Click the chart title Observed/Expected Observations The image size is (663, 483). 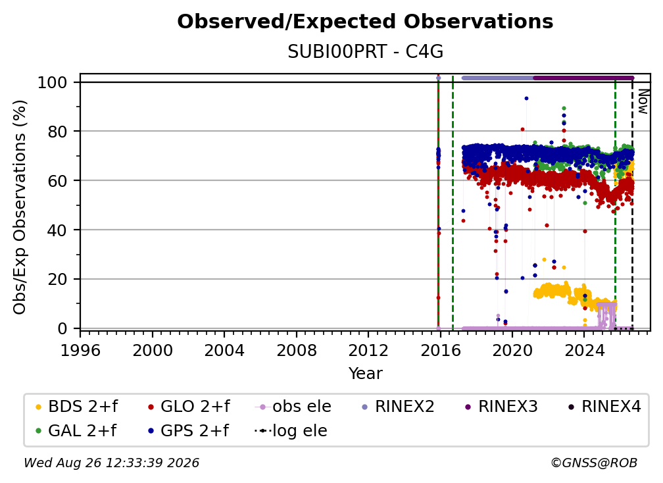click(x=365, y=22)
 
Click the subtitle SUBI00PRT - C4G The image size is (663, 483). click(x=365, y=52)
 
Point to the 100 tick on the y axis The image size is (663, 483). click(x=52, y=82)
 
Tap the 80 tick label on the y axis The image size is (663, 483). click(x=57, y=132)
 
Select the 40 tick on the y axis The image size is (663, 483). click(x=57, y=230)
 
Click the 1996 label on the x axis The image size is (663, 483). click(x=80, y=351)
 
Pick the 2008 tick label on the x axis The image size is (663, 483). click(x=297, y=351)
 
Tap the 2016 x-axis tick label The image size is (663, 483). click(x=440, y=351)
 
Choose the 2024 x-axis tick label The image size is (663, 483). click(x=584, y=351)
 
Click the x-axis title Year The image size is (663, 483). click(x=365, y=374)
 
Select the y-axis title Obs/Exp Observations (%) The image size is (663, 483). click(x=20, y=207)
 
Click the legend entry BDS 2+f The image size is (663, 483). click(x=76, y=407)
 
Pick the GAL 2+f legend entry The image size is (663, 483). click(x=76, y=431)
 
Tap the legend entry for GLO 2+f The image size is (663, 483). click(x=189, y=407)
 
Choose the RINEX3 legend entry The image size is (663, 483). click(x=501, y=407)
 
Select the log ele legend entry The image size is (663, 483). click(x=291, y=431)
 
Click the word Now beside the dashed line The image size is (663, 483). click(x=643, y=101)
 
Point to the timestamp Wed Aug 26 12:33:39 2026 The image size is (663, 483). click(x=111, y=463)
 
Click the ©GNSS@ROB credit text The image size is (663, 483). click(x=594, y=463)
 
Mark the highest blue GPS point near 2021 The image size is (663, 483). click(x=526, y=98)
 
